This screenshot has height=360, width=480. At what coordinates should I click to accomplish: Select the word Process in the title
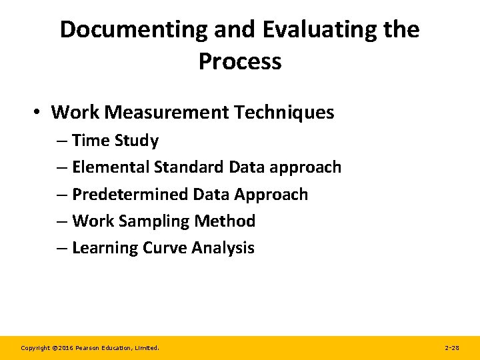tap(240, 61)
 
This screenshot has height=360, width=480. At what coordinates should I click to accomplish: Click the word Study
tap(136, 141)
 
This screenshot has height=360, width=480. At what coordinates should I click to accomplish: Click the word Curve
tap(163, 248)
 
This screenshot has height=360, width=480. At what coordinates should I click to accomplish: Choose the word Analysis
tap(223, 248)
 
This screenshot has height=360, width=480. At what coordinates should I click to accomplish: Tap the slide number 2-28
tap(451, 348)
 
